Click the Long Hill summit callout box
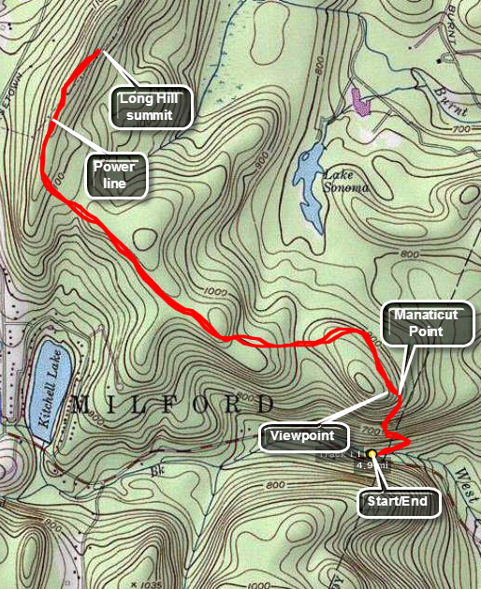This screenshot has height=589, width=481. [150, 107]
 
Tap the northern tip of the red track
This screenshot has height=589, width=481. [97, 51]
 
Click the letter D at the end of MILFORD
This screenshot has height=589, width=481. [269, 405]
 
